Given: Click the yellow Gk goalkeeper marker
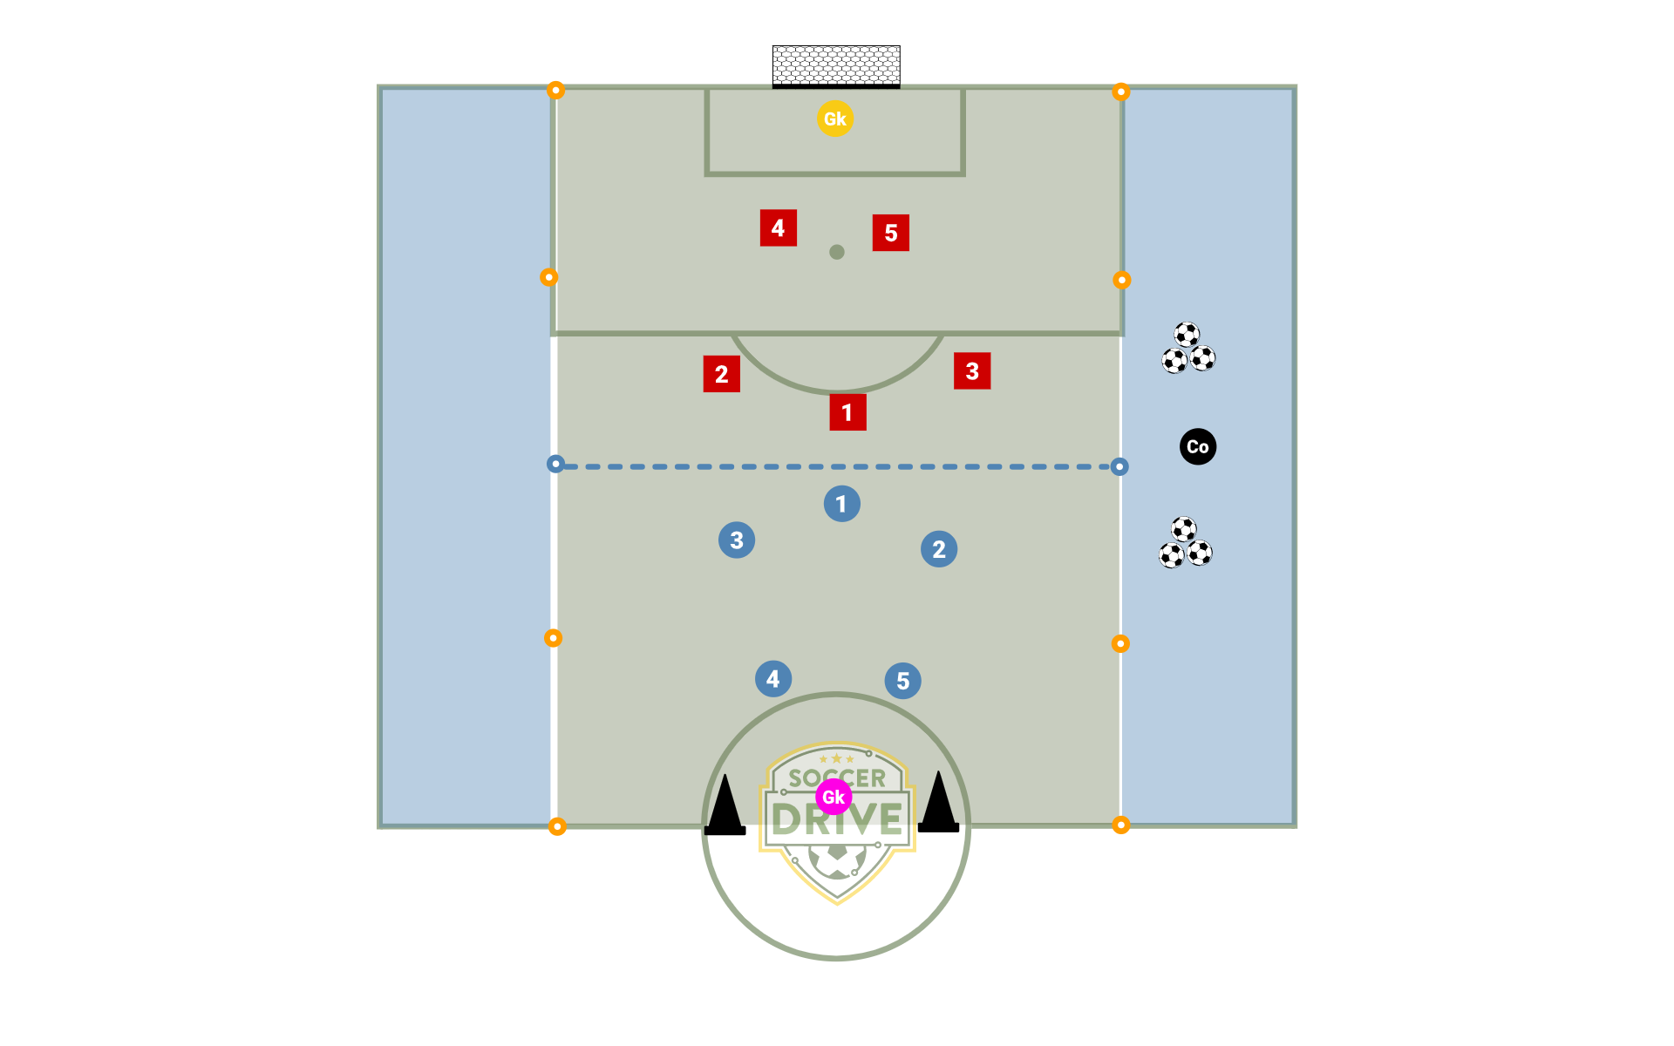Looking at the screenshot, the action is [x=835, y=119].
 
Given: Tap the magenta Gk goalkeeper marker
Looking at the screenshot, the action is [x=834, y=797].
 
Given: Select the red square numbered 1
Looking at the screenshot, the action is [x=847, y=412].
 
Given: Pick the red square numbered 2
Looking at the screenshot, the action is [x=722, y=374].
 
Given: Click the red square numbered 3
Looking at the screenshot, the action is [x=972, y=370].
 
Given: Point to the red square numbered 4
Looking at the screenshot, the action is [x=779, y=228].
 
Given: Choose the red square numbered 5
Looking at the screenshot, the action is [x=891, y=233].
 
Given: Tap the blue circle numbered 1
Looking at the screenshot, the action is [x=842, y=504].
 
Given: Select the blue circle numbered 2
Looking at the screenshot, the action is [x=939, y=549].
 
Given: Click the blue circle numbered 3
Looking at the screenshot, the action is [x=737, y=540].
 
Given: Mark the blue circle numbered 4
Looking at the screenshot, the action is [x=773, y=679].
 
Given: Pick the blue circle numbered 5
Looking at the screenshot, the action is [x=903, y=681].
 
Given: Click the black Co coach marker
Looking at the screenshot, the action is [x=1198, y=447].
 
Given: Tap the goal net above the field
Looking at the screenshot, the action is [x=836, y=67].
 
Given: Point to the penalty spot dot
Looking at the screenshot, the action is [x=837, y=252].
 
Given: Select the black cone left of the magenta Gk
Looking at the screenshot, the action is [x=725, y=805].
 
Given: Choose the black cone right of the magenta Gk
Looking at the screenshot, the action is [x=939, y=801].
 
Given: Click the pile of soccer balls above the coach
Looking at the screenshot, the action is [x=1188, y=348].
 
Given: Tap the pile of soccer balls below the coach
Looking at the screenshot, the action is [x=1186, y=542].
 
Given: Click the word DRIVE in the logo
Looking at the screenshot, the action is [x=837, y=819].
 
